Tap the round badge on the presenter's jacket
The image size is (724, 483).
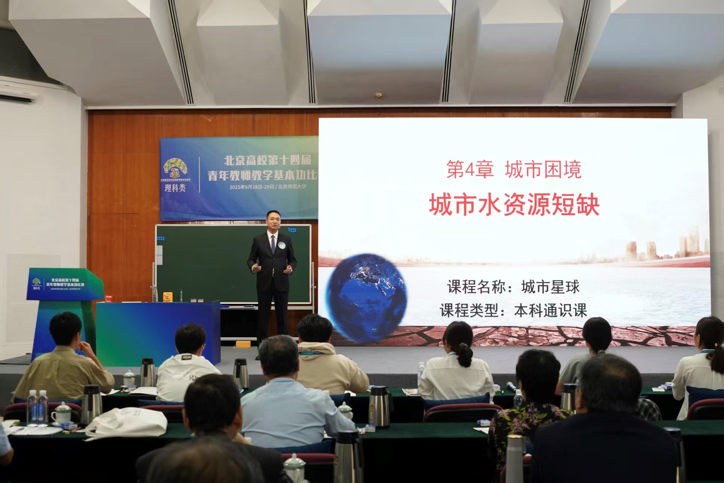(281, 245)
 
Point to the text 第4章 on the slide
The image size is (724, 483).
(470, 169)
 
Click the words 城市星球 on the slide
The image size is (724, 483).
(550, 287)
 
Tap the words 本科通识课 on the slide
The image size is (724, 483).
(551, 311)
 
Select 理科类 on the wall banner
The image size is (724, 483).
(175, 188)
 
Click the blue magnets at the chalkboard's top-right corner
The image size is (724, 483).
(292, 229)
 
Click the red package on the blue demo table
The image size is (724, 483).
(110, 298)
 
